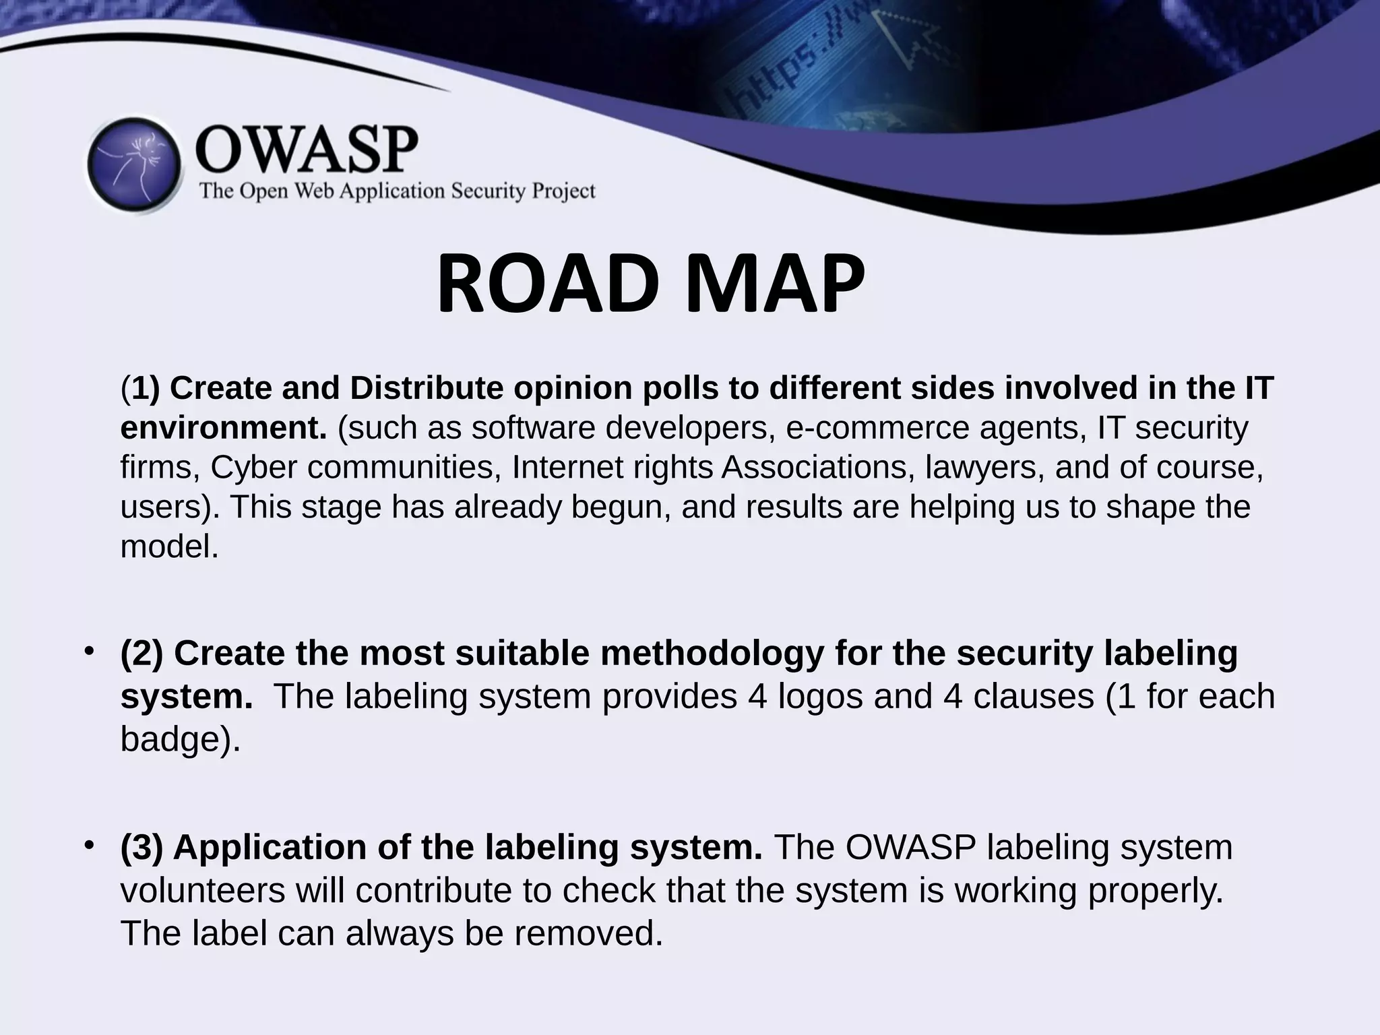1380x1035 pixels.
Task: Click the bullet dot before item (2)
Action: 88,652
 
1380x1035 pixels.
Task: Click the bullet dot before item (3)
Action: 88,845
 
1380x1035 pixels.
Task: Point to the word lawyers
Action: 984,467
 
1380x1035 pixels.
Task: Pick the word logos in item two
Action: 820,696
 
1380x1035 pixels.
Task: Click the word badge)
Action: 180,739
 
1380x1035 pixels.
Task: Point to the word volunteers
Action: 203,890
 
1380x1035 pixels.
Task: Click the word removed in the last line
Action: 588,933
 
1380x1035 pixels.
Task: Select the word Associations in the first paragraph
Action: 818,467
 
